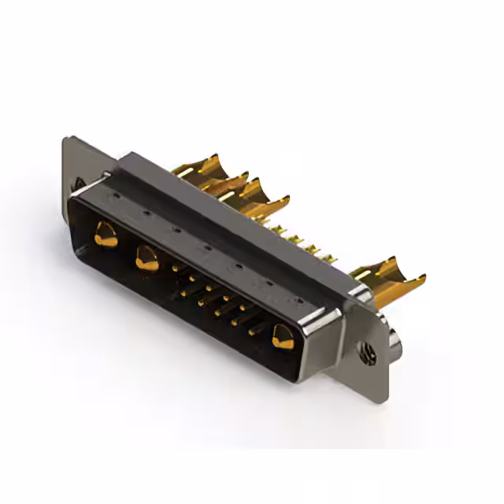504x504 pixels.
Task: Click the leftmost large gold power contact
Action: click(105, 233)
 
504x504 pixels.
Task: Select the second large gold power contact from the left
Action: click(146, 258)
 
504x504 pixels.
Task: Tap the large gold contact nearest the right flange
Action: click(282, 337)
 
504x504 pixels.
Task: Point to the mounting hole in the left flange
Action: click(80, 184)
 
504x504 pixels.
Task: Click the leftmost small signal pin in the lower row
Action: click(183, 293)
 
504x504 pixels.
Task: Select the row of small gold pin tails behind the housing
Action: click(303, 240)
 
